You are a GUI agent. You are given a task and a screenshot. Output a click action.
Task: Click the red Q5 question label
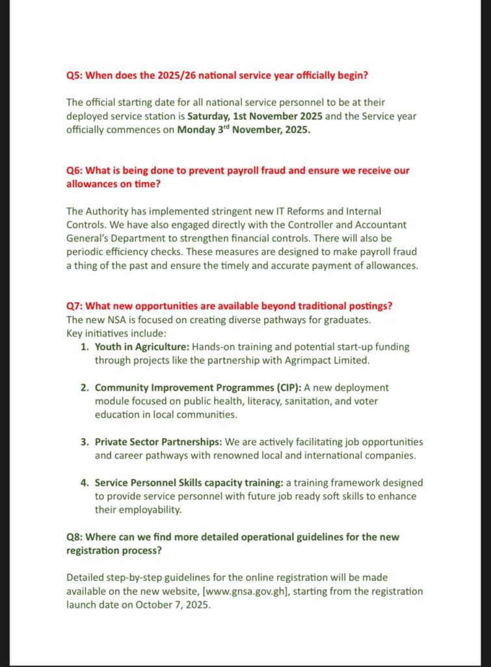click(75, 76)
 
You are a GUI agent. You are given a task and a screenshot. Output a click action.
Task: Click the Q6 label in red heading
click(75, 171)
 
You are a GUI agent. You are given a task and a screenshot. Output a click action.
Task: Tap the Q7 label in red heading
click(75, 306)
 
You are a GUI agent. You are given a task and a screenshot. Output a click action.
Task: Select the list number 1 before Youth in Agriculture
click(85, 347)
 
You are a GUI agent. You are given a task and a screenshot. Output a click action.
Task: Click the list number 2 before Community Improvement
click(85, 388)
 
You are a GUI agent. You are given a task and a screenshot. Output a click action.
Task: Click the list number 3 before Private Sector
click(85, 442)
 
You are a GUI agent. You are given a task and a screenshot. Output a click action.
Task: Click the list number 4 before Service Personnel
click(85, 483)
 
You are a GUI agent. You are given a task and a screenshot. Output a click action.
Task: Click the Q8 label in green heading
click(75, 537)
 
